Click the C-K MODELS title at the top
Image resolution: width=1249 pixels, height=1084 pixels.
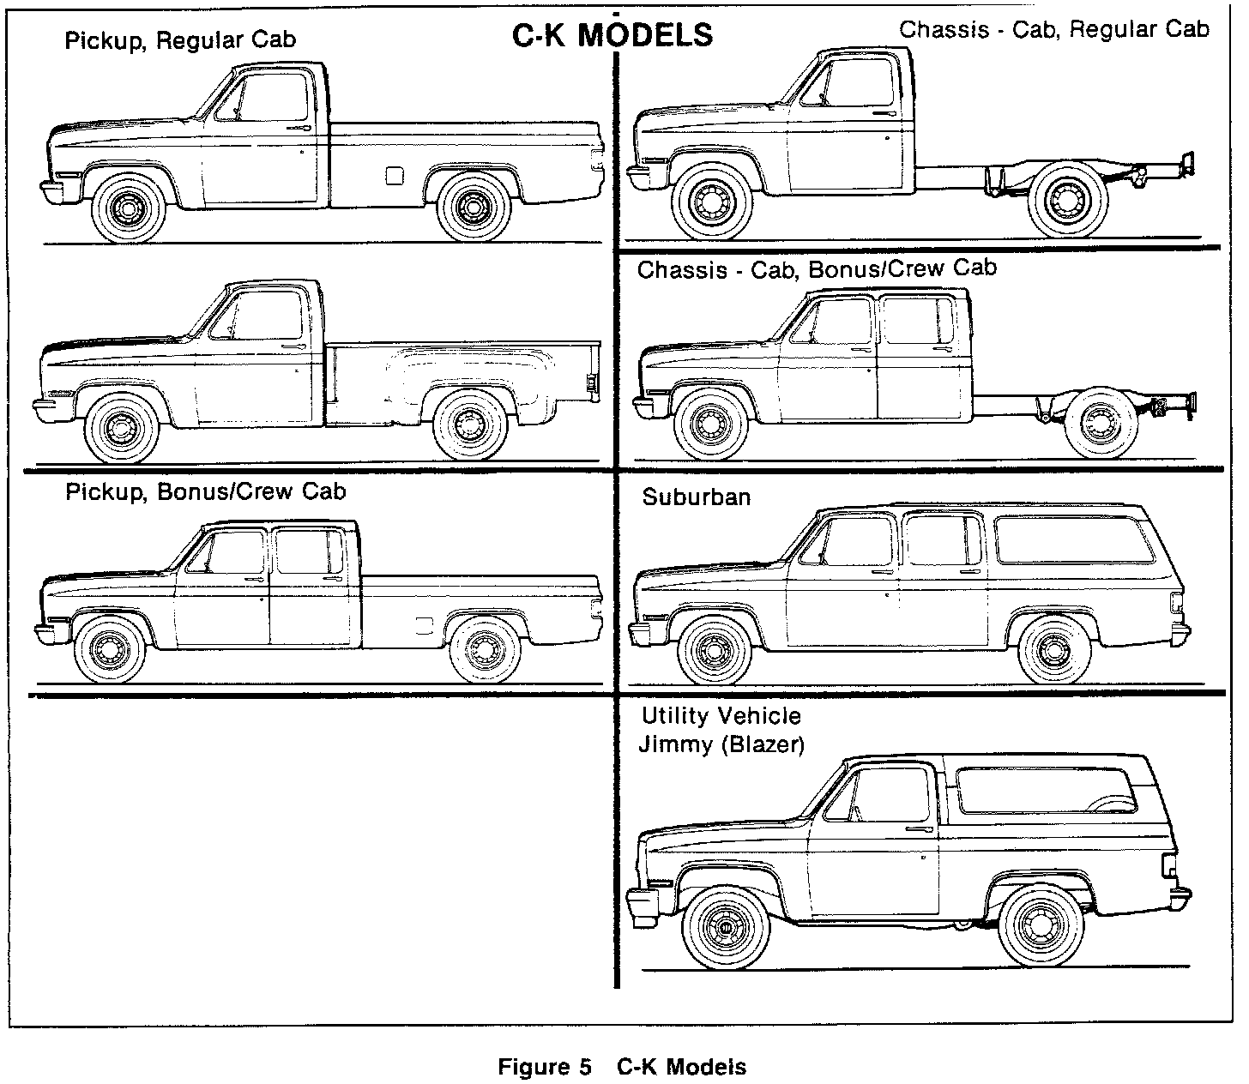tap(612, 35)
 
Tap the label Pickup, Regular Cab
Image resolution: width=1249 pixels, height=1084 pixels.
tap(180, 40)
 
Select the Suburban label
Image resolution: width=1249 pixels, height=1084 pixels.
tap(696, 497)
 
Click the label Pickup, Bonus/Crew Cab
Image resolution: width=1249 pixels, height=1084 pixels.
tap(206, 491)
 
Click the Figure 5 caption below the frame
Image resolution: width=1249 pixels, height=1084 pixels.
tap(622, 1067)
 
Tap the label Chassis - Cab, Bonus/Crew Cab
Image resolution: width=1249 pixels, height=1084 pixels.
tap(817, 269)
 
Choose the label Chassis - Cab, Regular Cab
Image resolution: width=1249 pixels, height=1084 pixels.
tap(1053, 30)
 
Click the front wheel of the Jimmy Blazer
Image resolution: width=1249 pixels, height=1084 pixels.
tap(726, 930)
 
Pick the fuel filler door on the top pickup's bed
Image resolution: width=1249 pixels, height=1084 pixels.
tap(395, 176)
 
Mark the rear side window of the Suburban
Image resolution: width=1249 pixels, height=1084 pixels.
tap(1074, 539)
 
